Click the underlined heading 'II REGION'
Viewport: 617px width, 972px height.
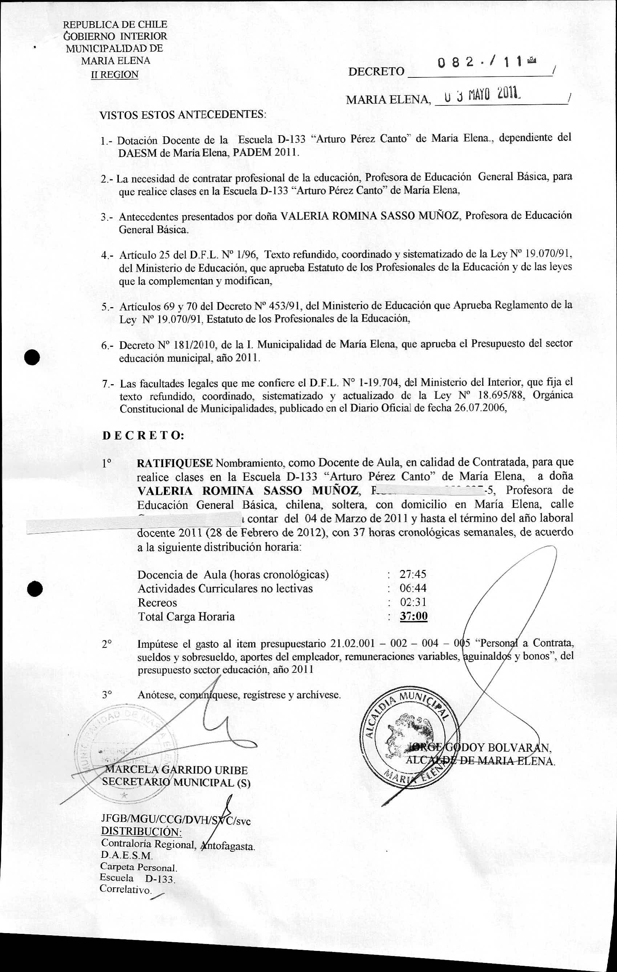click(x=114, y=75)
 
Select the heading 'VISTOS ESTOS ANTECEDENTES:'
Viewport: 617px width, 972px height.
click(x=183, y=115)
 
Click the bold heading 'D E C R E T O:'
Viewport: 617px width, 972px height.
click(x=143, y=436)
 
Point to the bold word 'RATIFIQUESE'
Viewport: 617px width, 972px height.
click(x=174, y=463)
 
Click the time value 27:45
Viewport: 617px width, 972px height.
click(x=413, y=574)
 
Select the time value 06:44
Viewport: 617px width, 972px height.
click(x=413, y=588)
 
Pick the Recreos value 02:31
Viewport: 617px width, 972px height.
click(x=413, y=602)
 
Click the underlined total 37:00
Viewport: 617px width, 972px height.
click(x=414, y=616)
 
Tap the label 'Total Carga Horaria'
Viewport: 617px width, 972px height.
click(x=186, y=617)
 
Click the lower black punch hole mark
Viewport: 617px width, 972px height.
click(x=35, y=589)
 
